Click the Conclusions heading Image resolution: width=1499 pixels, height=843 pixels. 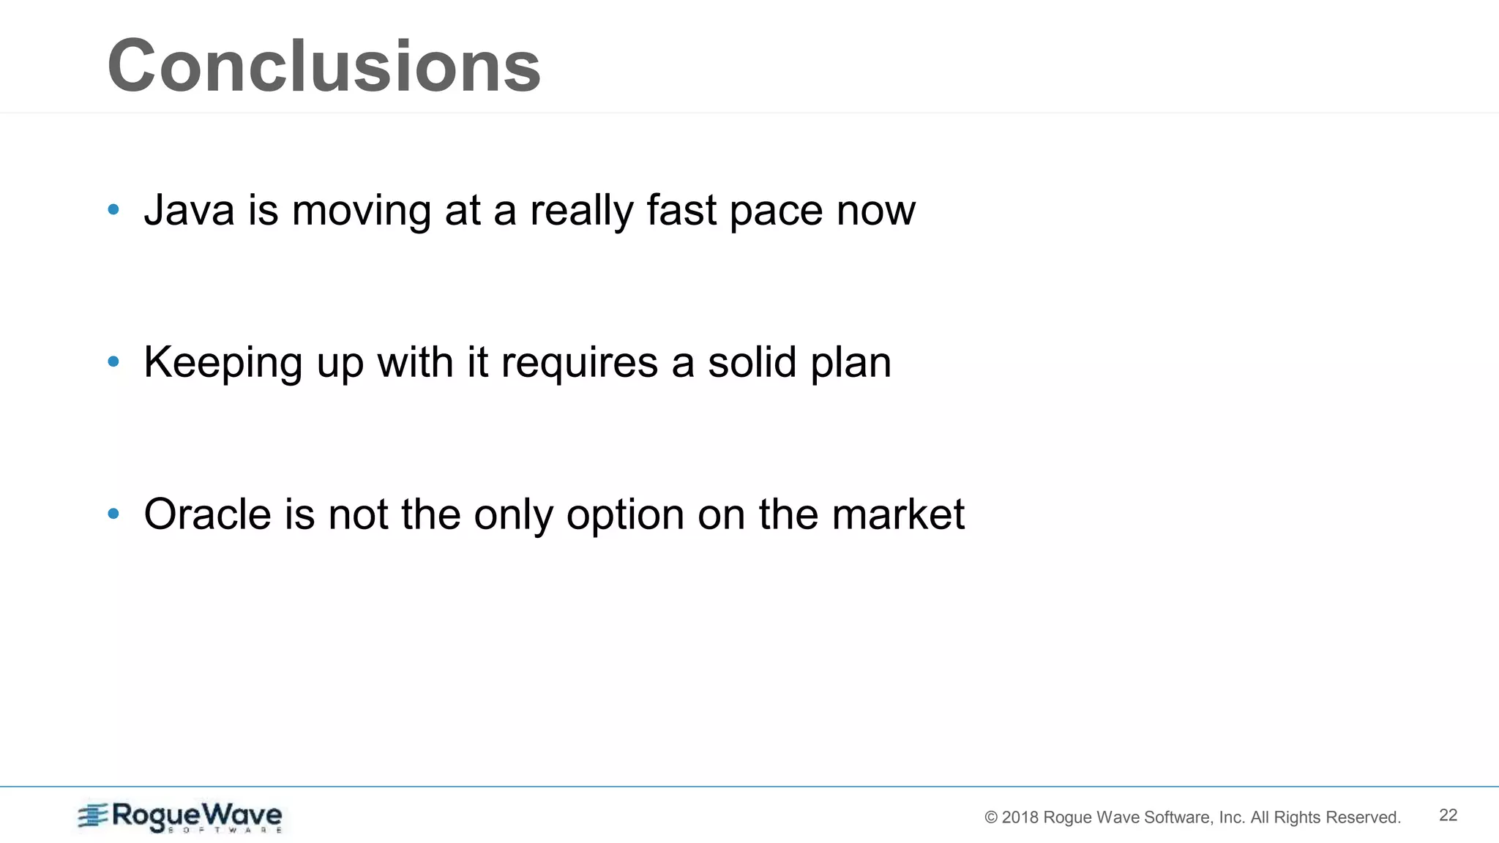pyautogui.click(x=324, y=66)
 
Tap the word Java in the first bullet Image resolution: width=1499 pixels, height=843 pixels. pyautogui.click(x=189, y=211)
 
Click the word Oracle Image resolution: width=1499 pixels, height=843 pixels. pyautogui.click(x=208, y=514)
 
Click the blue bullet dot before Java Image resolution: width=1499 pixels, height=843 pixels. pyautogui.click(x=113, y=211)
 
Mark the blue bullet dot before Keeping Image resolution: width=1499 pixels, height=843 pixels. pyautogui.click(x=113, y=362)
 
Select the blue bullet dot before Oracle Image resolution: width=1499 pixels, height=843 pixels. pyautogui.click(x=113, y=514)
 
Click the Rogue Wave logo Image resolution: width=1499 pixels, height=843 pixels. pyautogui.click(x=180, y=817)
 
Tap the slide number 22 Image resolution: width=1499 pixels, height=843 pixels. pyautogui.click(x=1448, y=815)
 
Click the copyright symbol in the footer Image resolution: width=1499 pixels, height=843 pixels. pyautogui.click(x=991, y=817)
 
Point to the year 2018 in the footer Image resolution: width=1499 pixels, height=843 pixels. pyautogui.click(x=1020, y=817)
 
